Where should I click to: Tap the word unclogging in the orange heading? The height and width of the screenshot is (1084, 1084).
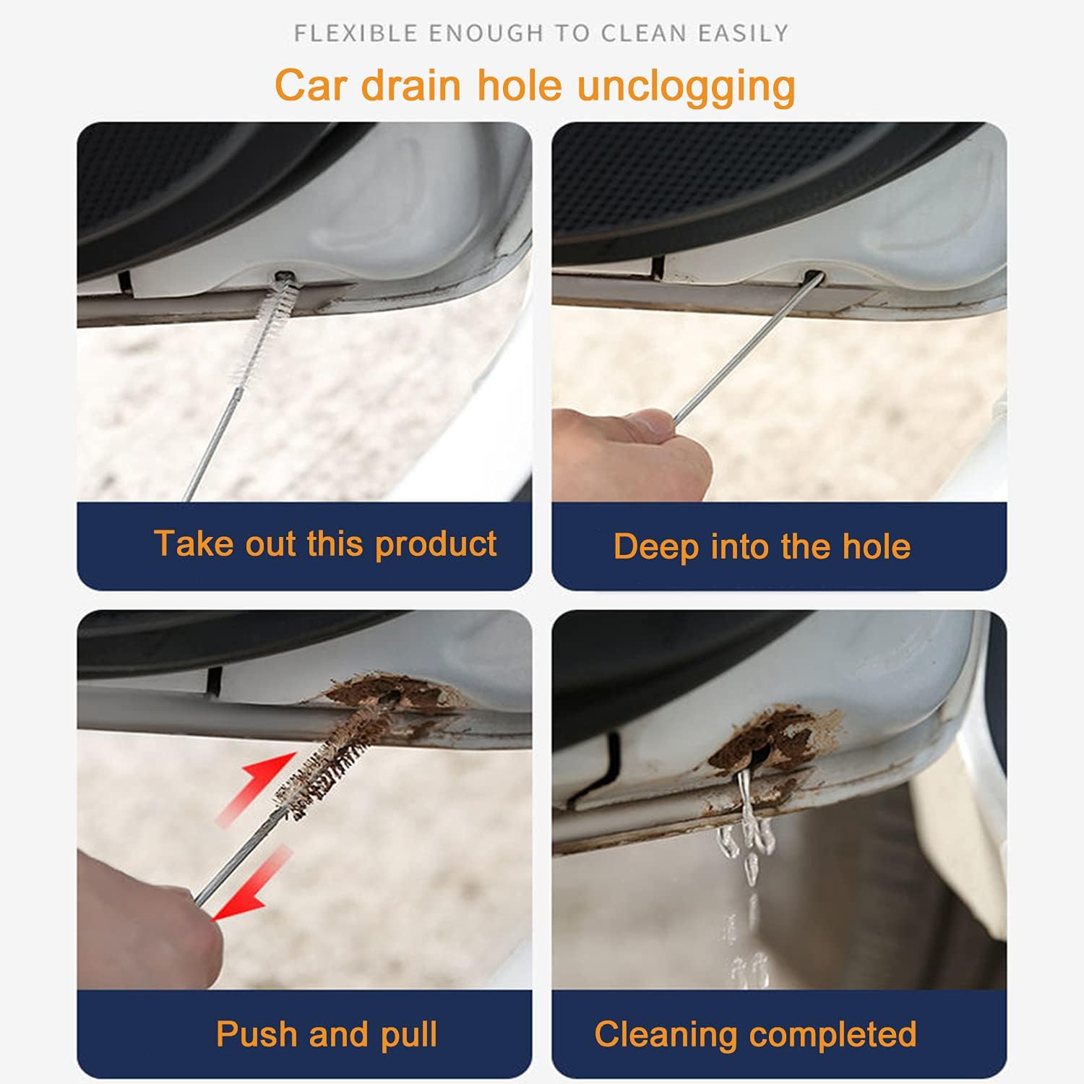point(687,87)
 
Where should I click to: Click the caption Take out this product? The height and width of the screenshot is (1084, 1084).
point(325,544)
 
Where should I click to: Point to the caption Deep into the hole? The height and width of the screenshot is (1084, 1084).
point(762,547)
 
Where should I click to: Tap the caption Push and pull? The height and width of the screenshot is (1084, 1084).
point(327,1035)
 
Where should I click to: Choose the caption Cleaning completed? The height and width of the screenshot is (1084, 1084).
point(755,1034)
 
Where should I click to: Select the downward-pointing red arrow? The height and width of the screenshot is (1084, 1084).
point(251,885)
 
